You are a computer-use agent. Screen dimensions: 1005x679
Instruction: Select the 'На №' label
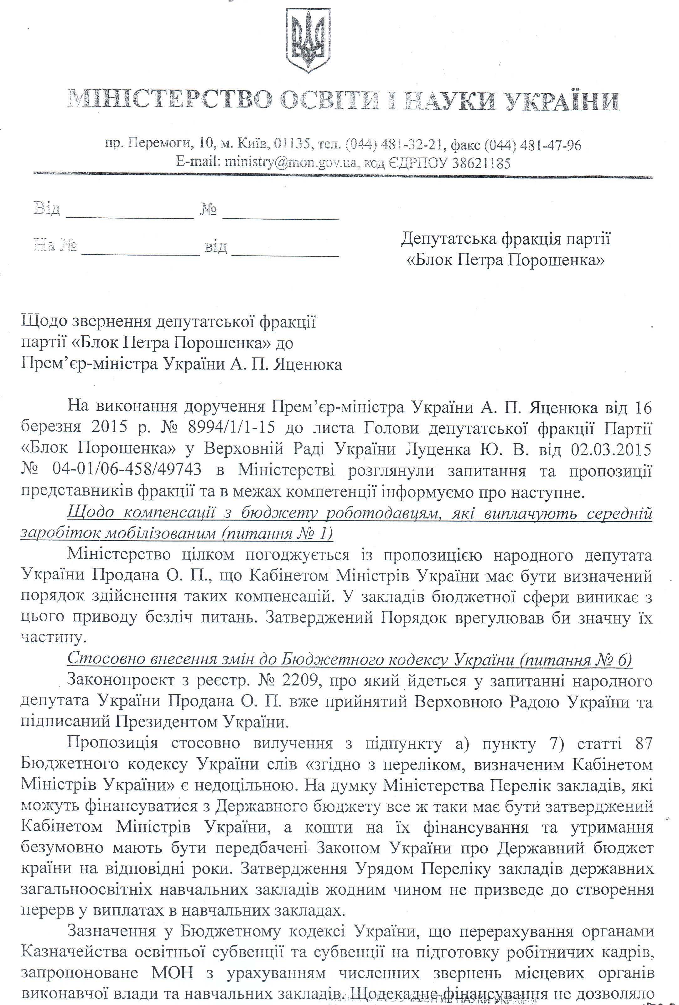[x=55, y=246]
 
